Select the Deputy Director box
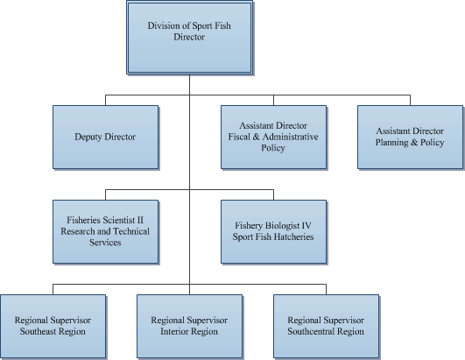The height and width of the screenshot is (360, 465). coord(105,138)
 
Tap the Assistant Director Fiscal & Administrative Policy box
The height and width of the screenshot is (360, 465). coord(272,137)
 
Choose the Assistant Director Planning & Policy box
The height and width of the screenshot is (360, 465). coord(409,137)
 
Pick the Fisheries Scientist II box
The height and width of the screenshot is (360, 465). coord(105,231)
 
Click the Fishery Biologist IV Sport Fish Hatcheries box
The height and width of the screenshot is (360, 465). coord(272,231)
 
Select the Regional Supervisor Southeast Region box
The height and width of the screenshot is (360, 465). coord(52,326)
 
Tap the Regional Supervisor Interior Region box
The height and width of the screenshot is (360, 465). coord(189,326)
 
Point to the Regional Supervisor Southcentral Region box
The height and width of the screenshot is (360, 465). coord(325,326)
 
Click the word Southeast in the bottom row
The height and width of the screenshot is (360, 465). coord(39,332)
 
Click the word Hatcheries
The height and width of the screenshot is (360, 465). coord(294,237)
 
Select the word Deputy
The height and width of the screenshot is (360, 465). coord(89,138)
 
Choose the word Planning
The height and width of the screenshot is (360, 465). coord(392,143)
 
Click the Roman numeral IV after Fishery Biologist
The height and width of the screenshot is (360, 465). coord(305,226)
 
